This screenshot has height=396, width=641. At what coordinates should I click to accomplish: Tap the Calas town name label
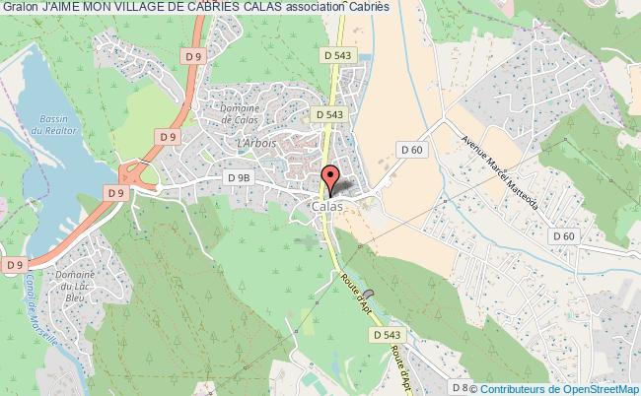(x=326, y=208)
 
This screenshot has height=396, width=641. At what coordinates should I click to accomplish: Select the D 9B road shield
(x=239, y=177)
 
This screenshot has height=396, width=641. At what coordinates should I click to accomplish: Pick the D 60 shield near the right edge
(x=564, y=236)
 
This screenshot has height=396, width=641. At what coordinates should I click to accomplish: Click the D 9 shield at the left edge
(x=14, y=264)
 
